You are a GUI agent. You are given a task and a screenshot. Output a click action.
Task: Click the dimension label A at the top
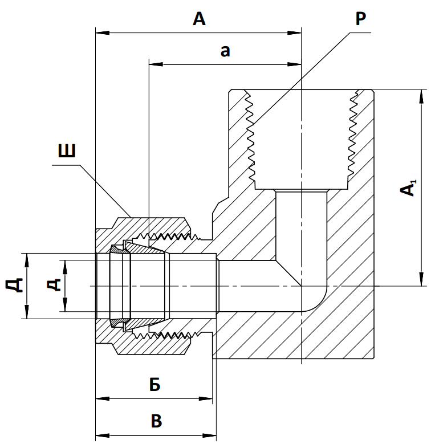click(199, 19)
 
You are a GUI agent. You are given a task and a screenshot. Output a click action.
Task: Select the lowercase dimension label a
click(225, 51)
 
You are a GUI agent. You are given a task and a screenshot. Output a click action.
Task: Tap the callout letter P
click(361, 18)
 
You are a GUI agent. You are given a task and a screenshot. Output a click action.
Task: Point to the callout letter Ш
click(67, 150)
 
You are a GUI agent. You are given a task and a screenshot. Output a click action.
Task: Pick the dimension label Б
click(155, 384)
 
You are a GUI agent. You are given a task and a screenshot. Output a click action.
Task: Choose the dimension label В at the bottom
click(156, 421)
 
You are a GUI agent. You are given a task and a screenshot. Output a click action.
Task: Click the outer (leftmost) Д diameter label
click(14, 285)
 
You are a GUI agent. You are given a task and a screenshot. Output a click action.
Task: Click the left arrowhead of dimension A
click(102, 33)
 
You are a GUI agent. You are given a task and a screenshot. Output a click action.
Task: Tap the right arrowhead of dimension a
click(294, 64)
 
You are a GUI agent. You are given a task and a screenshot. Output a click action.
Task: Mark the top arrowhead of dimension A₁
click(421, 96)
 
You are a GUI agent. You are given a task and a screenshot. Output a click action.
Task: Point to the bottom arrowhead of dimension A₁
click(421, 279)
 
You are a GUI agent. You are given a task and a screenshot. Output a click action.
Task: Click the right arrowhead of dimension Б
click(205, 398)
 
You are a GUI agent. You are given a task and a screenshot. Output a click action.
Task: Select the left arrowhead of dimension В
click(102, 435)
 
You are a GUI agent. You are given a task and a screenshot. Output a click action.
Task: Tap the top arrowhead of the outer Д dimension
click(27, 260)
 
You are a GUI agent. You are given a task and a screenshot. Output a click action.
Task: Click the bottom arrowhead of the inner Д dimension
click(65, 304)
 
